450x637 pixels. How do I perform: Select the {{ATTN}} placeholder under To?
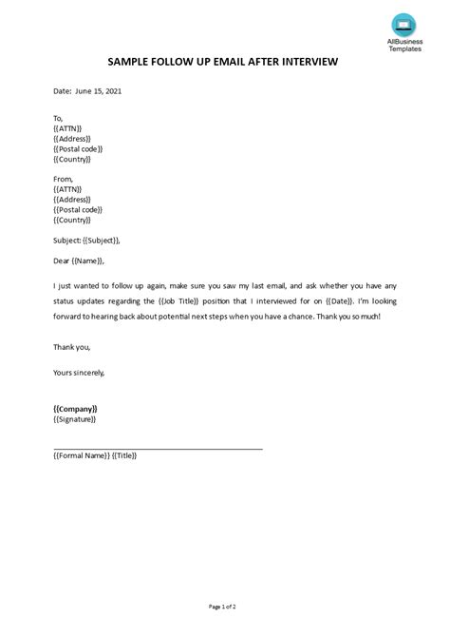pos(68,127)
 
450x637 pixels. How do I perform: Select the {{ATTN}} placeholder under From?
pos(68,189)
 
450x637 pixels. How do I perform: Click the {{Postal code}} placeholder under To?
pos(78,148)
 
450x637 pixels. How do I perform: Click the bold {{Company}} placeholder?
pos(76,409)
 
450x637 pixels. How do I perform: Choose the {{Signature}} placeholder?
pos(75,419)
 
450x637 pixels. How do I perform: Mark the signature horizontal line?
pos(158,448)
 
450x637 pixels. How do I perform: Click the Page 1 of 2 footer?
pos(225,607)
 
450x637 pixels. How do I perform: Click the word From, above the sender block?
pos(64,179)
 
